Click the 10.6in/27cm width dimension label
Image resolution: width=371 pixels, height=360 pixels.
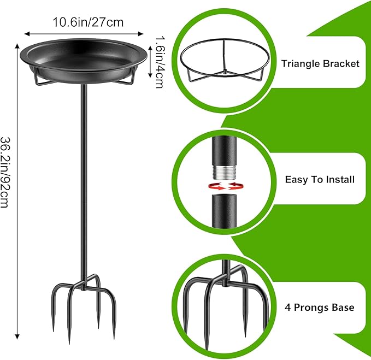pyautogui.click(x=87, y=22)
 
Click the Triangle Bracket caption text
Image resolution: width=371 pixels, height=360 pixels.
pyautogui.click(x=320, y=63)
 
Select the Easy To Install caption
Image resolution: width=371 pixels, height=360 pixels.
pyautogui.click(x=320, y=179)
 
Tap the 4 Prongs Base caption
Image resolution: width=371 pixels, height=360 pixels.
pyautogui.click(x=320, y=308)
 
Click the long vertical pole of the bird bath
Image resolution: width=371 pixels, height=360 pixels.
pyautogui.click(x=85, y=180)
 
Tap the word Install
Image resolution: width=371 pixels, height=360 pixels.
pyautogui.click(x=340, y=179)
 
